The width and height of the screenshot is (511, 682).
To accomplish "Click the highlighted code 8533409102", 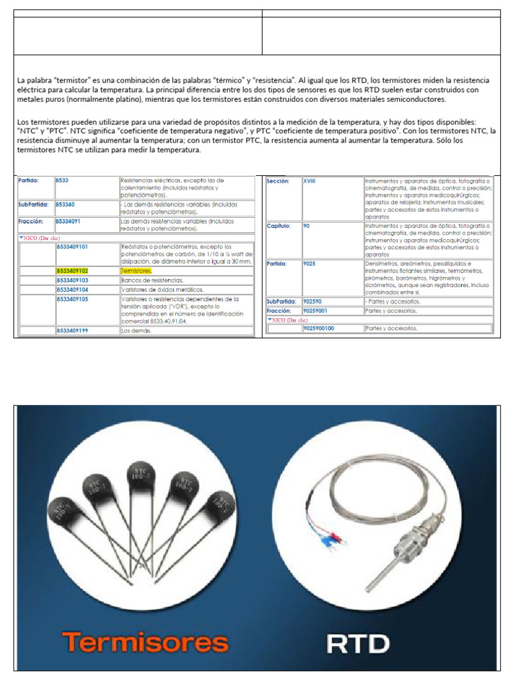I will (72, 271).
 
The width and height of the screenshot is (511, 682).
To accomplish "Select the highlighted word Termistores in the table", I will (136, 271).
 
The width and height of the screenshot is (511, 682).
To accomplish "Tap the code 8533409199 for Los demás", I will (73, 330).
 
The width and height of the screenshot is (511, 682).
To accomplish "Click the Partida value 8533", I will (63, 180).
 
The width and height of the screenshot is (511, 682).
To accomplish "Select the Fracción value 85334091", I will (69, 220).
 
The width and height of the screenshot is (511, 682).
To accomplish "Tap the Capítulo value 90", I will (306, 226).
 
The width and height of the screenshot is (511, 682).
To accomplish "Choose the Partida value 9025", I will (309, 263).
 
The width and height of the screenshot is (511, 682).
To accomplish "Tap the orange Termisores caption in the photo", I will (145, 642).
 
